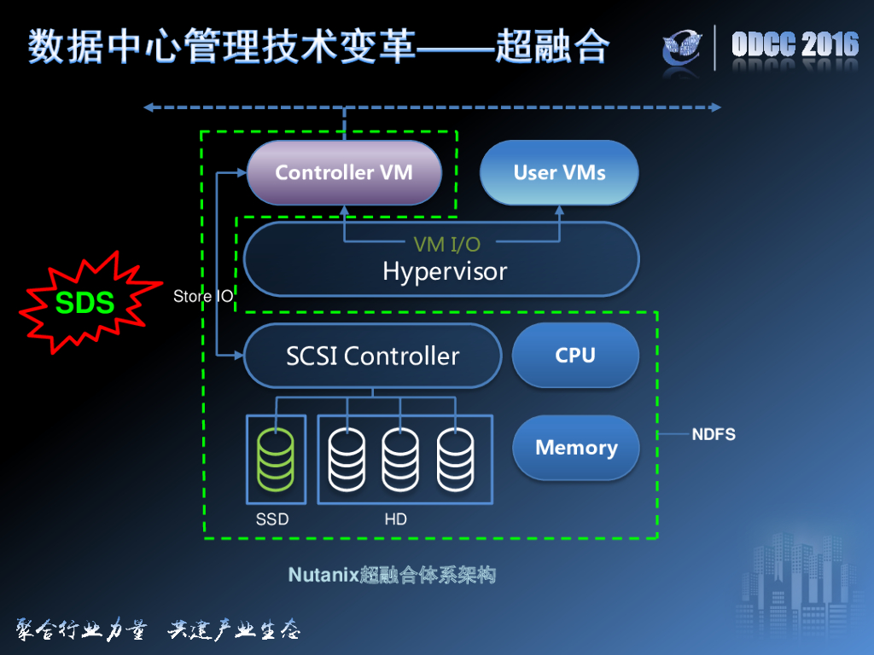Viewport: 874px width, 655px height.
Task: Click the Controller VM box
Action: (x=344, y=173)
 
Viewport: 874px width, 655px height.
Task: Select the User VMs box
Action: (x=559, y=173)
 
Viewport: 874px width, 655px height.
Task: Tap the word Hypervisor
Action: (x=444, y=272)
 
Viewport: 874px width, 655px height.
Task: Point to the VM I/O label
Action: (x=446, y=245)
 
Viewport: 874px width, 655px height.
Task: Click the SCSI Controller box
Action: (x=373, y=356)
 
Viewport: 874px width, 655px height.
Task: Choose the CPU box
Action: (x=575, y=356)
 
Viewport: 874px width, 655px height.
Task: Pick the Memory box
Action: (x=576, y=448)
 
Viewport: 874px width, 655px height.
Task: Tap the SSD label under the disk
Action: (x=272, y=519)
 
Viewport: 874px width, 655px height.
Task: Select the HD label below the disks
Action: (x=395, y=519)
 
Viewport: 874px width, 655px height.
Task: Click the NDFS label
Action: (x=714, y=435)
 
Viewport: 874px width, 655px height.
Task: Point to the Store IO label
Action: (x=203, y=297)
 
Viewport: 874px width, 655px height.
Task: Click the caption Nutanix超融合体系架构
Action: (x=392, y=575)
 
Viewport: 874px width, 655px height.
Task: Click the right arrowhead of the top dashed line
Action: (x=715, y=107)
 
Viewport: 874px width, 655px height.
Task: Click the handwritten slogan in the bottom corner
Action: (x=158, y=630)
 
